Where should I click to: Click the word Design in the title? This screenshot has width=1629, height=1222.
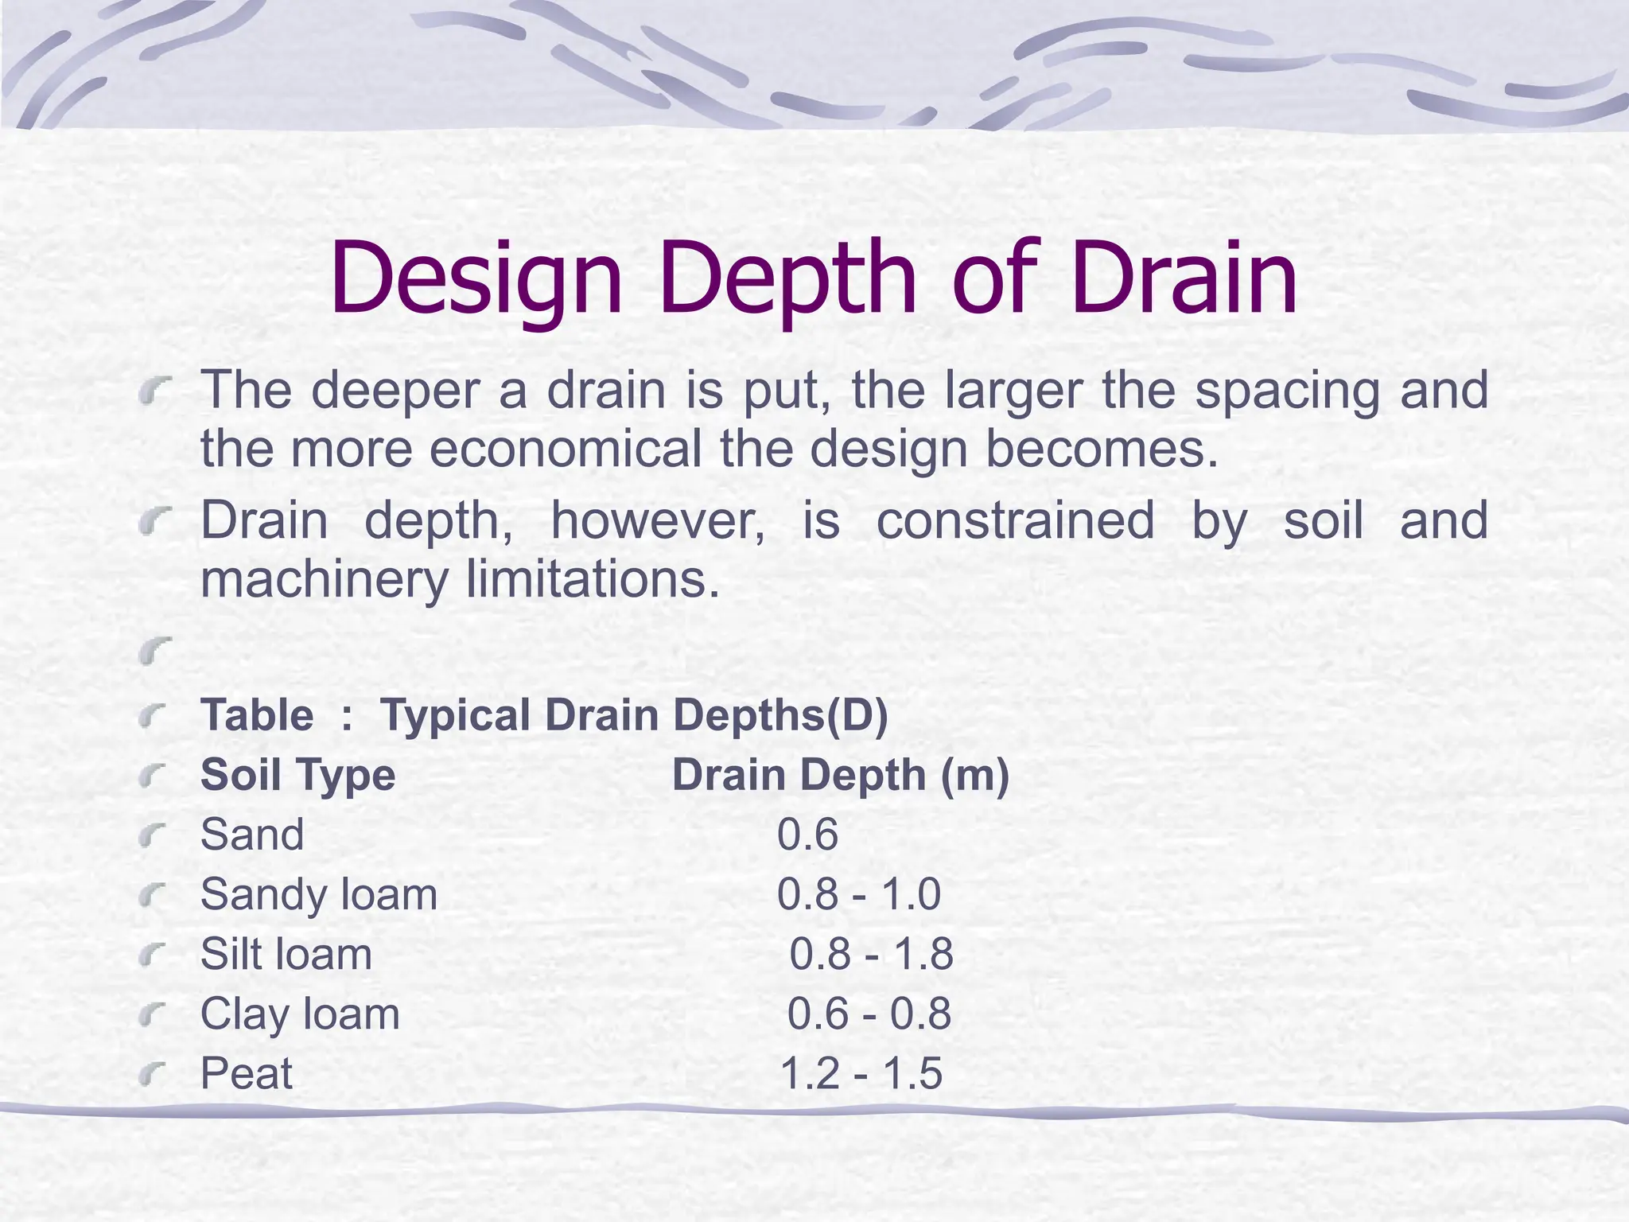click(476, 280)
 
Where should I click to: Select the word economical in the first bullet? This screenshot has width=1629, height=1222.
click(566, 449)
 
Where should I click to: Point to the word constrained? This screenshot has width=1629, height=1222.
click(1015, 521)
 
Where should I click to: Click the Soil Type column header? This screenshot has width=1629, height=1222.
click(297, 775)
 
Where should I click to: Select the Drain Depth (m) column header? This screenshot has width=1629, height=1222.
click(840, 775)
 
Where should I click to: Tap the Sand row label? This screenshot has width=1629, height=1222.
click(252, 835)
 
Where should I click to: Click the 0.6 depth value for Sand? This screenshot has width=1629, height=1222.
click(807, 835)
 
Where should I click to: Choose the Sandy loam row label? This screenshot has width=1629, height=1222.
click(319, 894)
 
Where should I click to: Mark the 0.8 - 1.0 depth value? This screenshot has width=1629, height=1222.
click(859, 894)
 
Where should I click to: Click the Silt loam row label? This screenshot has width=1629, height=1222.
click(286, 954)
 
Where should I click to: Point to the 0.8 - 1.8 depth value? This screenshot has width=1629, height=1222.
click(871, 954)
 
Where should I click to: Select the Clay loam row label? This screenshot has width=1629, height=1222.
click(300, 1014)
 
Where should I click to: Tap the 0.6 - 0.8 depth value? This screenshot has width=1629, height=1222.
click(869, 1014)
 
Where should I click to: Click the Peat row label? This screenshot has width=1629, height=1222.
click(247, 1073)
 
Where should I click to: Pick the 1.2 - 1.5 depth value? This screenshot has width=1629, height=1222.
click(861, 1073)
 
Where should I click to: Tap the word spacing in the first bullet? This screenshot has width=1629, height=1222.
click(1287, 391)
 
